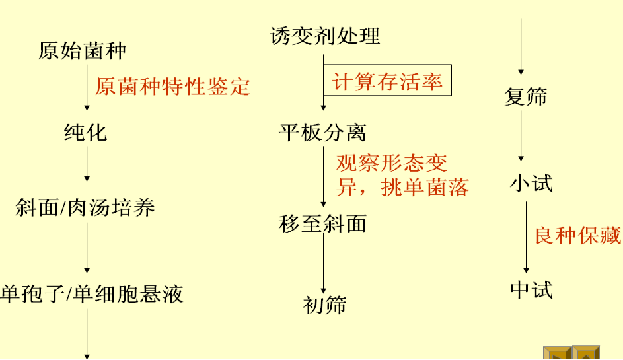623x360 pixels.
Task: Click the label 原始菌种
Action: [x=82, y=51]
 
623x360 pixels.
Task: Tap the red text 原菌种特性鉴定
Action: [x=172, y=86]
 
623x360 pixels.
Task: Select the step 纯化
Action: [x=85, y=132]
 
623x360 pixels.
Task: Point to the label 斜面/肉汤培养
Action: [x=85, y=208]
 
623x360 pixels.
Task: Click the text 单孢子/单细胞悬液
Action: [x=92, y=293]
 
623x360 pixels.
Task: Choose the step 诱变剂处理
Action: [x=325, y=36]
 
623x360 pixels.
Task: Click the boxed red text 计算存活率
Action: [x=387, y=82]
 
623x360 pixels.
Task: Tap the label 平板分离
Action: [x=322, y=133]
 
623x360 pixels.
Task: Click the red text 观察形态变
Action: [x=391, y=162]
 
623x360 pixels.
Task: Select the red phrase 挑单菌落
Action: [x=425, y=188]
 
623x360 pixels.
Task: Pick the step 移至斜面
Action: [x=322, y=224]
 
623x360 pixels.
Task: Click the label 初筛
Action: [x=324, y=305]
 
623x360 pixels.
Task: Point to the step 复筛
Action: [x=526, y=97]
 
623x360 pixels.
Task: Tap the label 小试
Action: [x=531, y=183]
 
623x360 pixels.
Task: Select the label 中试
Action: [x=531, y=289]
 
